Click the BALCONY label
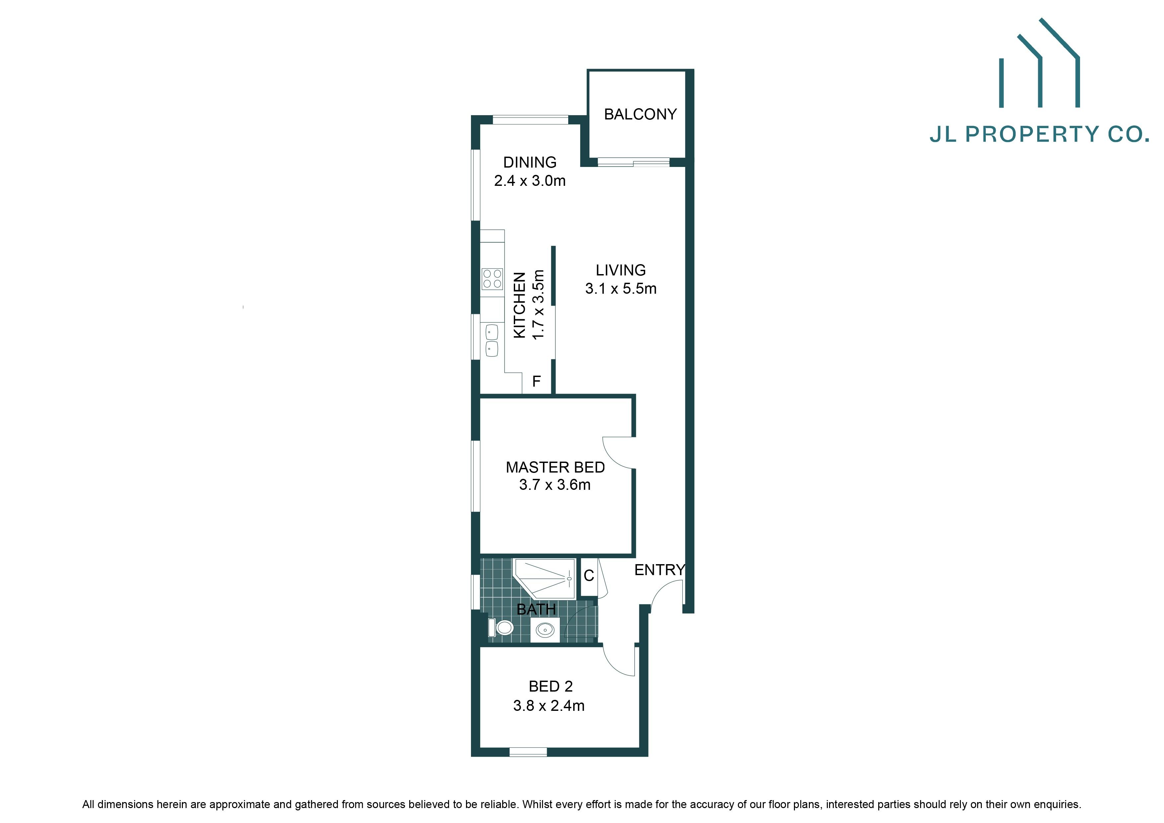[x=640, y=114]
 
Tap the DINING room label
[x=530, y=162]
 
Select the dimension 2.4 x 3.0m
[x=530, y=181]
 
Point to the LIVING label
[x=621, y=270]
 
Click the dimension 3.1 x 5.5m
[x=621, y=289]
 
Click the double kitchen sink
[x=492, y=340]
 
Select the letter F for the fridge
[x=536, y=381]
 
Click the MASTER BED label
[x=555, y=467]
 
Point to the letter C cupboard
[x=588, y=576]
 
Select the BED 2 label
[x=551, y=686]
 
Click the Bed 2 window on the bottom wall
[x=528, y=752]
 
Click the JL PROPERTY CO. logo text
[x=1039, y=134]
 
